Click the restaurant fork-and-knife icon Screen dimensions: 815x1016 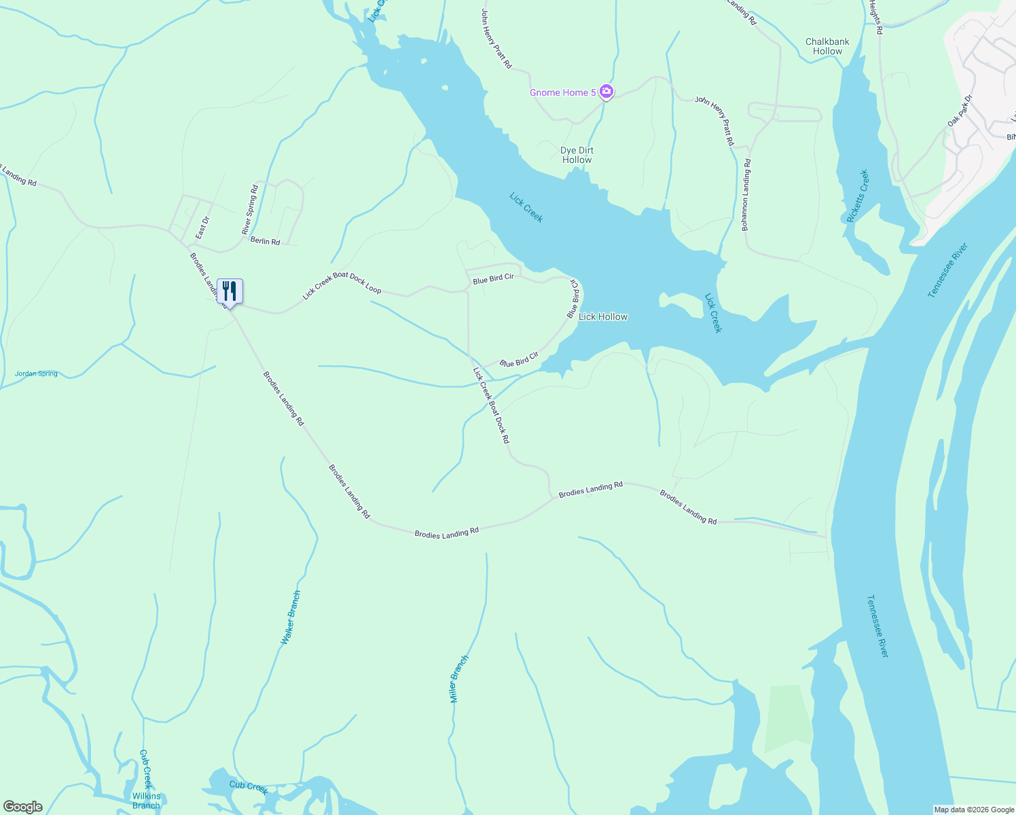tap(230, 291)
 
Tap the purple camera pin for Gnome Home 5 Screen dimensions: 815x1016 tap(606, 92)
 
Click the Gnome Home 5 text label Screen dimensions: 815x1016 tap(562, 92)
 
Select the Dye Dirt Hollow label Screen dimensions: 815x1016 tap(577, 156)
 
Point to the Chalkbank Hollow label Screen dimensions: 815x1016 tap(827, 46)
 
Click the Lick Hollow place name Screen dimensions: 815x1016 tap(603, 316)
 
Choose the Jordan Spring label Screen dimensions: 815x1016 tap(36, 374)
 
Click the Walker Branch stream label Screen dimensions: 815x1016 tap(291, 617)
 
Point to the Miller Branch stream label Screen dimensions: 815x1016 tap(460, 678)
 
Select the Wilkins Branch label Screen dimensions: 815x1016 tap(146, 801)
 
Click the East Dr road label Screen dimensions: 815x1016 tap(202, 228)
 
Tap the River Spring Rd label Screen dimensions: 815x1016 tap(250, 210)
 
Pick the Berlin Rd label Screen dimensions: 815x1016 tap(265, 241)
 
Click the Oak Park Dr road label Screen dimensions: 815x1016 tap(960, 111)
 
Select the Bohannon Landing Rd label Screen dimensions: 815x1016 tap(746, 195)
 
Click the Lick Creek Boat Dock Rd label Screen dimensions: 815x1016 tap(491, 405)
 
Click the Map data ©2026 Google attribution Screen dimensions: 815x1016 tap(974, 810)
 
